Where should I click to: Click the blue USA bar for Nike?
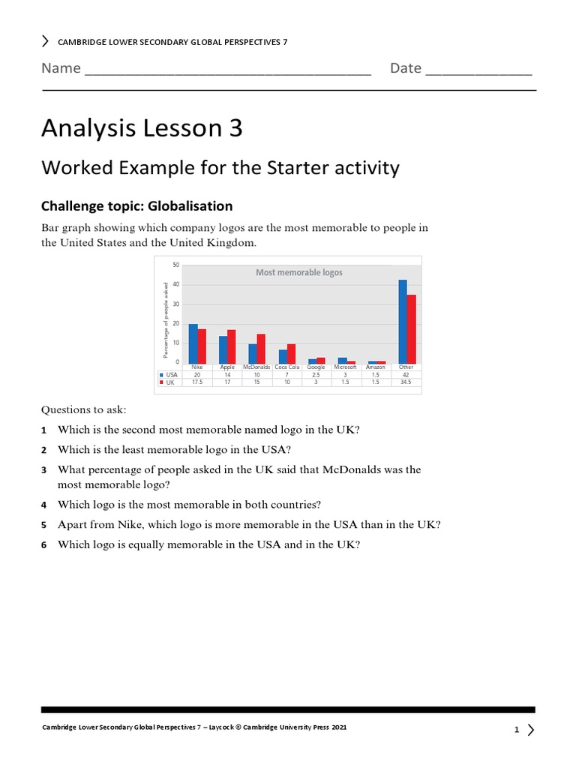[193, 343]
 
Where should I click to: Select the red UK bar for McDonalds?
[261, 349]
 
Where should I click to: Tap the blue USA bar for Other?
[403, 322]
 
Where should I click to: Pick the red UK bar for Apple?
[231, 346]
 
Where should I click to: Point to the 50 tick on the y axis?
[175, 265]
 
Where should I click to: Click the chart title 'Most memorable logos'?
[298, 273]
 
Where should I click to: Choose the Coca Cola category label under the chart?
[286, 367]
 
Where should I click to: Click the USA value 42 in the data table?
[406, 374]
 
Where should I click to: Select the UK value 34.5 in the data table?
[406, 382]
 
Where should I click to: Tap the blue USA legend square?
[161, 374]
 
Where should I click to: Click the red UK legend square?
[161, 382]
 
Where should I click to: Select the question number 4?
[44, 505]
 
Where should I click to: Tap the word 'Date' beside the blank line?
[405, 68]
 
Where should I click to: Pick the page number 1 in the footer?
[517, 730]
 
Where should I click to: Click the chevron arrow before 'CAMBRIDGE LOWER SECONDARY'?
[46, 41]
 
